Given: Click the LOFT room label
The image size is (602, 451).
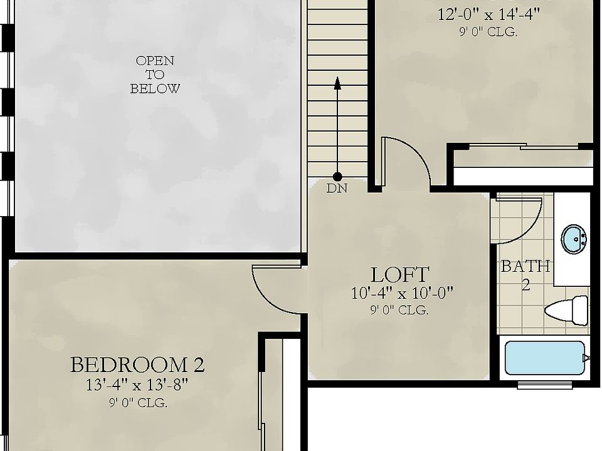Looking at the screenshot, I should tap(399, 274).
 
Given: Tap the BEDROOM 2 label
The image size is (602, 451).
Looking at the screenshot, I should tap(137, 365).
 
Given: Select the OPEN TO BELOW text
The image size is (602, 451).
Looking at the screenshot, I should tap(154, 75).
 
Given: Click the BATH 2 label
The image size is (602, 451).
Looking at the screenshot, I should tap(525, 274).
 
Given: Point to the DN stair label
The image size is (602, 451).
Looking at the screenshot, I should tap(337, 188).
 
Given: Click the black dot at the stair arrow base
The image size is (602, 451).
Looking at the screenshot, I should tap(337, 177).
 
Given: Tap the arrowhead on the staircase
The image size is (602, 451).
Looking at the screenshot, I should tap(337, 81).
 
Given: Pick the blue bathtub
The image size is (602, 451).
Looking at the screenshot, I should tap(544, 358).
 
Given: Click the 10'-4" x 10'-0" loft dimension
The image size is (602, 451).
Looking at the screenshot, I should tap(402, 293).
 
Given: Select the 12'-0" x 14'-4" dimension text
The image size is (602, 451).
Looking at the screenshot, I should tap(488, 15).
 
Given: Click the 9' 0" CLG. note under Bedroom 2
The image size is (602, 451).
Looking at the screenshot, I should tap(137, 403).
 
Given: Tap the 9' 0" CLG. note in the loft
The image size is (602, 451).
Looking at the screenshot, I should tap(399, 310).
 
